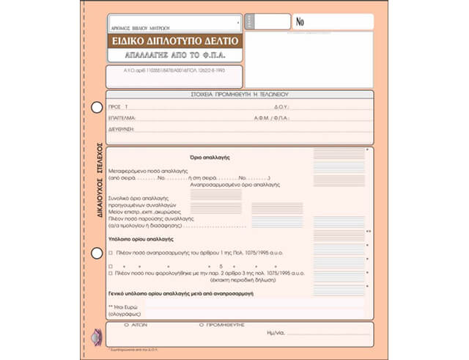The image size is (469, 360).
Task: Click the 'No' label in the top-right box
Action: coord(300,22)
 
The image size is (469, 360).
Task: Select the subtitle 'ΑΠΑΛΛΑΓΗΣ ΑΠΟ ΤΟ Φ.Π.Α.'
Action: coord(175,55)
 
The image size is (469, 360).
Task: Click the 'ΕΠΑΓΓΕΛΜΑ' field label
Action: coord(121,117)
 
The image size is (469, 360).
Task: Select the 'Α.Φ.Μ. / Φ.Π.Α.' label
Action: coord(274,117)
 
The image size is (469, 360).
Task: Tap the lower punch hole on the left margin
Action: coord(96,253)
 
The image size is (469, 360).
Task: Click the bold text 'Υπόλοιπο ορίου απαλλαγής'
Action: coord(140,239)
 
